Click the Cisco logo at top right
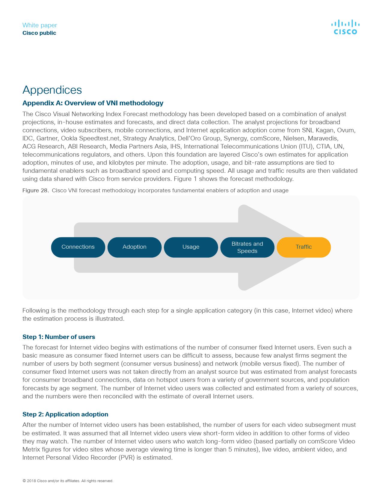[x=345, y=27]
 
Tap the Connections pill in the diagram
[x=78, y=247]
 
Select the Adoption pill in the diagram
[x=134, y=247]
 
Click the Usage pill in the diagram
[x=191, y=247]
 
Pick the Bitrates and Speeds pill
[x=247, y=247]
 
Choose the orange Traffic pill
[x=304, y=247]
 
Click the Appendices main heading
[x=52, y=90]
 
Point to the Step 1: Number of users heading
[x=59, y=337]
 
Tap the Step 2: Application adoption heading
[x=65, y=414]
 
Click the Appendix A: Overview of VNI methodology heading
[x=93, y=103]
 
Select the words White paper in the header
[x=40, y=25]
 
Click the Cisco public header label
[x=39, y=33]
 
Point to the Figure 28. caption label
[x=36, y=190]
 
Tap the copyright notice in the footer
[x=68, y=481]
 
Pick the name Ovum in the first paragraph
[x=347, y=130]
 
